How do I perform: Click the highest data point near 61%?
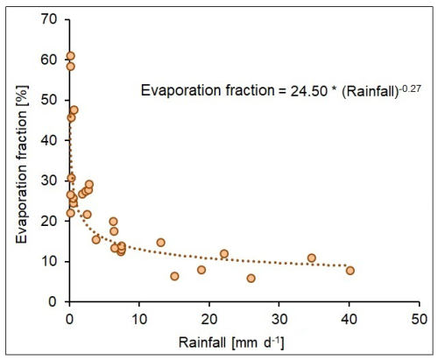(x=70, y=56)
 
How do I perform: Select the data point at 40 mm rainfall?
(x=350, y=271)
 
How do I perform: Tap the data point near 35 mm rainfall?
(x=312, y=258)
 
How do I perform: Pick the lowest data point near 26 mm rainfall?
(x=251, y=279)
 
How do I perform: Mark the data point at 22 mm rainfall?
(x=224, y=254)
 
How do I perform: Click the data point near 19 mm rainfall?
(x=201, y=270)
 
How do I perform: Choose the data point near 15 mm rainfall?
(x=174, y=276)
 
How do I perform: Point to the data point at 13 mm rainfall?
(x=160, y=243)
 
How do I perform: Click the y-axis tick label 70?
(x=49, y=19)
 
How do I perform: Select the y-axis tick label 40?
(x=49, y=140)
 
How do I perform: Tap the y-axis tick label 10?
(x=49, y=261)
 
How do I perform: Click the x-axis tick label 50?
(x=420, y=319)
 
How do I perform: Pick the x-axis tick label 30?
(x=279, y=319)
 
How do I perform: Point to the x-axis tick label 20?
(x=209, y=319)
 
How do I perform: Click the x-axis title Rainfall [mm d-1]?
(x=231, y=342)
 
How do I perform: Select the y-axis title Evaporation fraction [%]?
(x=22, y=165)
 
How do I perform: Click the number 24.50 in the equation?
(x=308, y=91)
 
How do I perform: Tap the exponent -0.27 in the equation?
(x=410, y=88)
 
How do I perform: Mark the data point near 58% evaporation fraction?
(x=70, y=67)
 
